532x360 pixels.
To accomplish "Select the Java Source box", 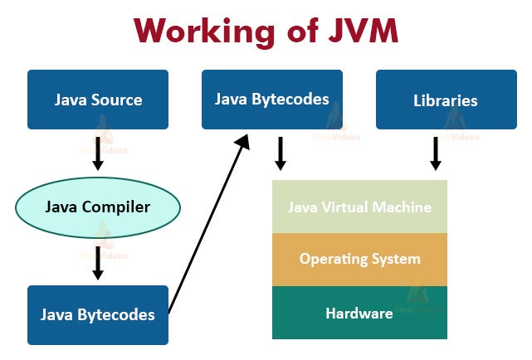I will [98, 100].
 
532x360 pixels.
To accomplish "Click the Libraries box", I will [446, 100].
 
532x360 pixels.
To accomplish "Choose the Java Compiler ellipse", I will [98, 207].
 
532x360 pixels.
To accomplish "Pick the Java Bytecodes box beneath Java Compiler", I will [98, 315].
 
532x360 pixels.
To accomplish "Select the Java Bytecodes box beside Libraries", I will [272, 100].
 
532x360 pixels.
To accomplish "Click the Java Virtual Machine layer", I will [359, 207].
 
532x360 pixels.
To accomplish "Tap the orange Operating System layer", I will [359, 259].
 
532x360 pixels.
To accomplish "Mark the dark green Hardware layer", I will [359, 313].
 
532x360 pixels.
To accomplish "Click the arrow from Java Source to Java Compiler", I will [98, 153].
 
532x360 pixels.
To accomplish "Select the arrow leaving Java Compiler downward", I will [98, 261].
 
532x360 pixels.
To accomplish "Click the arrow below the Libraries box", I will [435, 153].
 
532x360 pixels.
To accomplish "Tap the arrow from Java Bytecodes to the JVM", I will [281, 153].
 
